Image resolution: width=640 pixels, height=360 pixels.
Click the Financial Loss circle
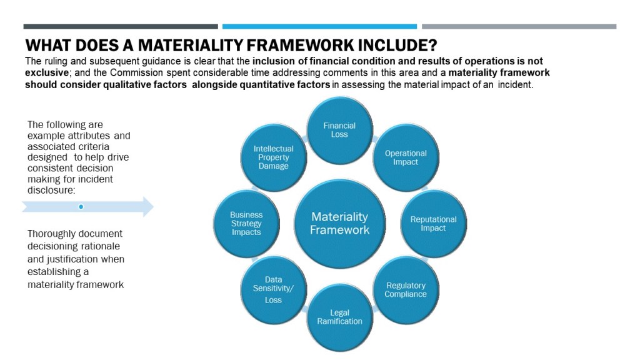339,131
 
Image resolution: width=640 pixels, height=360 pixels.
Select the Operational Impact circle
406,157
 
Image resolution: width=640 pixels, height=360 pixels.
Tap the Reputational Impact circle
434,224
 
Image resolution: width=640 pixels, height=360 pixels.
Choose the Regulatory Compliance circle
406,290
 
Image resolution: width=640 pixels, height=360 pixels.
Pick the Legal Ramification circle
339,317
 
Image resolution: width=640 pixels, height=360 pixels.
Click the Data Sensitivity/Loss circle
274,290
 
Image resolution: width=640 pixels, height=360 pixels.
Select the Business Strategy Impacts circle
246,224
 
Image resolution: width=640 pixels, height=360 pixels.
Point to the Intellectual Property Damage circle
274,157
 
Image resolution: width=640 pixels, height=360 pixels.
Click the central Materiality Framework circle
339,224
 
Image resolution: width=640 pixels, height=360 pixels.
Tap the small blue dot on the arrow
81,207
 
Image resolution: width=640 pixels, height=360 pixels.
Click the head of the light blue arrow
147,207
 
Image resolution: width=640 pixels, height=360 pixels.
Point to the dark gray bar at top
121,26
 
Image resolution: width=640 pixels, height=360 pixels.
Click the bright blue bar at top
319,26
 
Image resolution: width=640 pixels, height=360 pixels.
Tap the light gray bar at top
519,26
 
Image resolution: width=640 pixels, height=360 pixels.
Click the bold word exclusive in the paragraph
46,72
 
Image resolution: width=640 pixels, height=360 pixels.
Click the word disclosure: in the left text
51,190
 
